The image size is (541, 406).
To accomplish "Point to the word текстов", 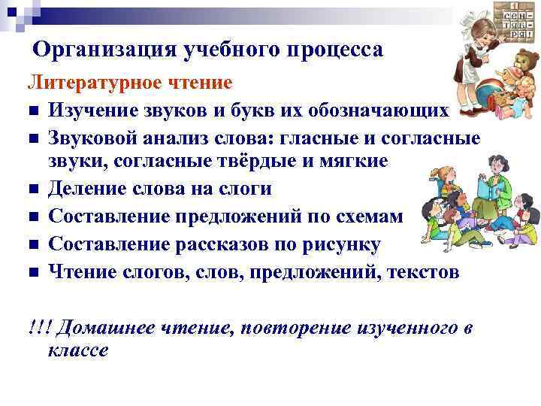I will coord(422,271).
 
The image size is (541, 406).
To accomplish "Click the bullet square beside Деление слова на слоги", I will coord(34,189).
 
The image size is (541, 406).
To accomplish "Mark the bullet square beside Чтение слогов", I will coord(34,273).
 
